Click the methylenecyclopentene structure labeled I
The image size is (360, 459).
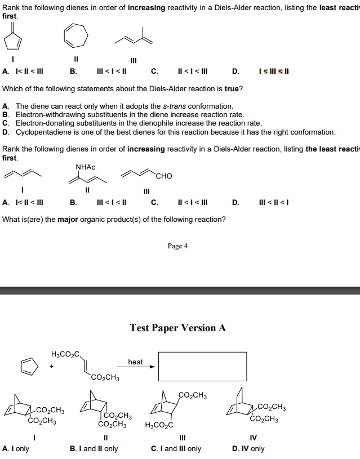click(x=13, y=37)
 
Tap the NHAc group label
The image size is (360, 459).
click(x=86, y=167)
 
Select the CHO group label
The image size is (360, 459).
click(x=165, y=176)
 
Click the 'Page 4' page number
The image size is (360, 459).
click(x=177, y=246)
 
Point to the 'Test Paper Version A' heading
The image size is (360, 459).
click(x=177, y=328)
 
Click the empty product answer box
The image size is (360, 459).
click(x=202, y=366)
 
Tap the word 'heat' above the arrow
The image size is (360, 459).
click(x=135, y=362)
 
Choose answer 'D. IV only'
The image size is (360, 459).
click(x=248, y=449)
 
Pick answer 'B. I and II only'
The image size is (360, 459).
click(x=94, y=449)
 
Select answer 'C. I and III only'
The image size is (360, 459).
click(x=176, y=449)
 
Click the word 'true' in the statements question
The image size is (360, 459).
click(x=233, y=89)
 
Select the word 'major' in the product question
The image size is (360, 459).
click(x=71, y=219)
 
